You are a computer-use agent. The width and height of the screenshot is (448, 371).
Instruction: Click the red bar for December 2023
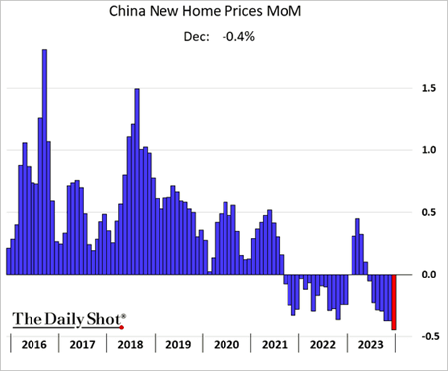pos(394,302)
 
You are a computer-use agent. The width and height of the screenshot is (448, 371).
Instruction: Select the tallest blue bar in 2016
pos(45,161)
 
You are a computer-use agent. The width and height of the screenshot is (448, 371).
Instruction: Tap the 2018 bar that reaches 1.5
pos(137,181)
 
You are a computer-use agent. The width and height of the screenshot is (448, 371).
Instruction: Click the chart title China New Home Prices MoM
pos(205,11)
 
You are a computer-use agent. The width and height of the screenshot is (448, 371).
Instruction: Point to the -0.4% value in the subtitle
pos(238,37)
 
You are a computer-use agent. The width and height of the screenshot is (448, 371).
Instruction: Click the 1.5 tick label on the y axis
pos(429,88)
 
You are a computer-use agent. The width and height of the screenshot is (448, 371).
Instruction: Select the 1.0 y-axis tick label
pos(429,150)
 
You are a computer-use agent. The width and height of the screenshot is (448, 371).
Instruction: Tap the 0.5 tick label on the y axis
pos(429,212)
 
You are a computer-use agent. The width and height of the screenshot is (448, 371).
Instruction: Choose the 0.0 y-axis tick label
pos(429,274)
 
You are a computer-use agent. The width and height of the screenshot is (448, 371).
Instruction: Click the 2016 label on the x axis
pos(34,345)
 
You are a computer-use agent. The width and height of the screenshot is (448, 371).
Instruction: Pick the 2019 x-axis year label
pos(178,345)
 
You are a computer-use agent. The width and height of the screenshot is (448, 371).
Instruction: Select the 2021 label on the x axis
pos(275,345)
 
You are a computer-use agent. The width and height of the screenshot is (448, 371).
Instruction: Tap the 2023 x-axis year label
pos(370,345)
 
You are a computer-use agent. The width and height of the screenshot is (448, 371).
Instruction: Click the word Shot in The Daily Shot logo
pos(104,319)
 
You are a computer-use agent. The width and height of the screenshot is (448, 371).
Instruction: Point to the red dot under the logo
pos(122,327)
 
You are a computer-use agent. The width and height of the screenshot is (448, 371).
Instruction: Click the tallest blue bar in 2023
pos(357,246)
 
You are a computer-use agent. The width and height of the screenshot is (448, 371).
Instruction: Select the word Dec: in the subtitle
pos(196,37)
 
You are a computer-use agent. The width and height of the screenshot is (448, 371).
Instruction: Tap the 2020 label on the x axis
pos(226,345)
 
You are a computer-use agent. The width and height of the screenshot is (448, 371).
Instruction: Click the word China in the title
pos(127,11)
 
